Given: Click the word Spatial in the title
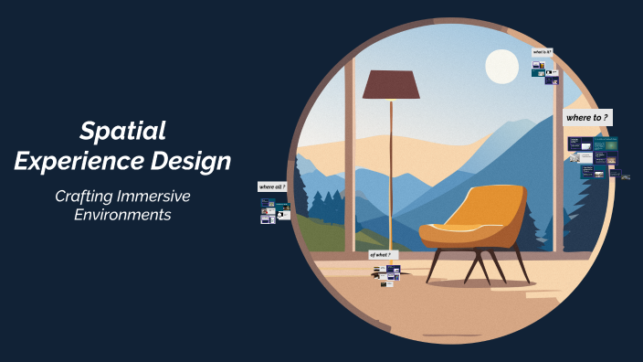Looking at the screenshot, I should pos(121,131).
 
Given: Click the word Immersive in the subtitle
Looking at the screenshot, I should pos(158,197).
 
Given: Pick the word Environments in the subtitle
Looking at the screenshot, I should pos(121,216).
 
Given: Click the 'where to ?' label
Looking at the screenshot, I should pos(587,118).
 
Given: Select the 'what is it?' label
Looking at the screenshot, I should pos(543,52).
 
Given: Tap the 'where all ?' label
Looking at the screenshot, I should pos(273,186).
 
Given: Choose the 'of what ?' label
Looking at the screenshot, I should pos(382,254).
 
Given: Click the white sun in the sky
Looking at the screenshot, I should pos(501,66).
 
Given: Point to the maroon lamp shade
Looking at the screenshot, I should pos(391,85).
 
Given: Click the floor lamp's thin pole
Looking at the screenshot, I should pos(391,165).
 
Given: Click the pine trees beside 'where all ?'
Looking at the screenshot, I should pos(315,205).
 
